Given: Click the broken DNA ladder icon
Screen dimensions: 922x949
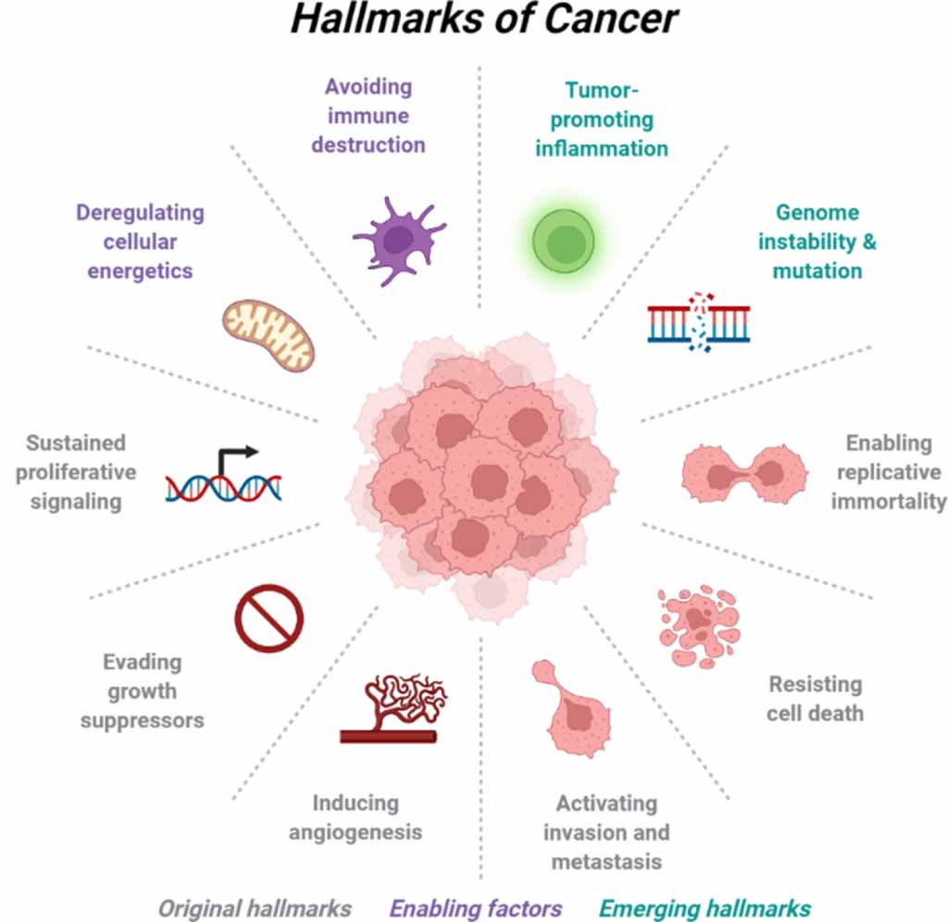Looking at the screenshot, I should tap(699, 323).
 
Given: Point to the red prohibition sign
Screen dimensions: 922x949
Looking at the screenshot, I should tap(268, 617).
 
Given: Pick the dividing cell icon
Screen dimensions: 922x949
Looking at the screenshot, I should tap(745, 473).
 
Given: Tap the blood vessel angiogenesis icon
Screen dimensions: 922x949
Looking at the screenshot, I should tap(393, 709).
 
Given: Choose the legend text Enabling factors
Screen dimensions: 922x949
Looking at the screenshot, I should tap(476, 907).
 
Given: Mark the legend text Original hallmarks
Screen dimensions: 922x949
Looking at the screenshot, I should tap(255, 907).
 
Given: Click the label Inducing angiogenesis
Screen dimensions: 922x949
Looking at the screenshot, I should tap(355, 816).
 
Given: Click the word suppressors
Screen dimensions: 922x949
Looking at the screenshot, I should tap(142, 719).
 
